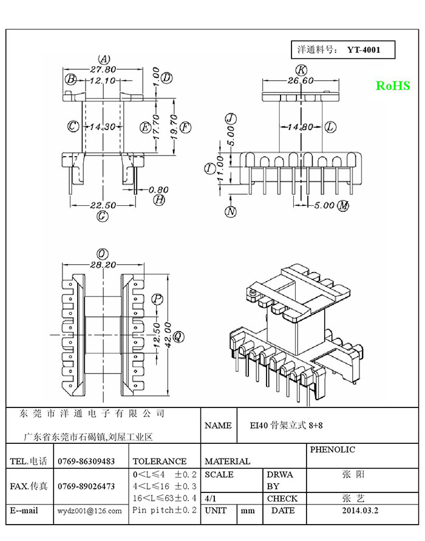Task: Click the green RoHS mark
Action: coord(393,86)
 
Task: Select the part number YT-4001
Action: coord(364,50)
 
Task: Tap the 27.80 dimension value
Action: coord(103,69)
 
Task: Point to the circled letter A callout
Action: coord(104,59)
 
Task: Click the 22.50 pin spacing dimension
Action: coord(103,205)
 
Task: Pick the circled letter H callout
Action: coord(158,200)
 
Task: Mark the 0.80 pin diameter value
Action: coord(158,190)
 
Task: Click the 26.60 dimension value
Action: coord(301,80)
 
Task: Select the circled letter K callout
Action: coord(302,70)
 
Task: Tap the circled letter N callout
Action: coord(231,211)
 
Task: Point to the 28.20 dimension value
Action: coord(103,265)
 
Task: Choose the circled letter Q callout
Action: coord(178,336)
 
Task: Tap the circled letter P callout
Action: coord(158,299)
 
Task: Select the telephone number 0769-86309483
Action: coord(86,461)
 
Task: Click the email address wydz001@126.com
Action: coord(90,511)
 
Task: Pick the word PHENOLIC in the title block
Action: coord(332,449)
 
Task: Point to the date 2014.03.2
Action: coord(360,510)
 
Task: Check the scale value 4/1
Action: coord(211,498)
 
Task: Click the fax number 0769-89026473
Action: coord(86,486)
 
